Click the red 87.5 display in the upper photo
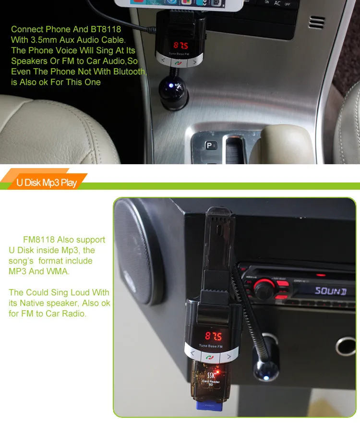pyautogui.click(x=181, y=45)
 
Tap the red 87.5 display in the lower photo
pyautogui.click(x=214, y=336)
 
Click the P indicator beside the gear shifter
pyautogui.click(x=211, y=146)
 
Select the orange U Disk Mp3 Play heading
pyautogui.click(x=47, y=183)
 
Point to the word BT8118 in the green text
pyautogui.click(x=106, y=29)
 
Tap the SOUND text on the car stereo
pyautogui.click(x=330, y=291)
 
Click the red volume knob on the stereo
pyautogui.click(x=264, y=289)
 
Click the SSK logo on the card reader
pyautogui.click(x=211, y=375)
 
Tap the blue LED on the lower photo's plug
pyautogui.click(x=266, y=378)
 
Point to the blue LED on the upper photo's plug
pyautogui.click(x=171, y=85)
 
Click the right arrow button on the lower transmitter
pyautogui.click(x=229, y=356)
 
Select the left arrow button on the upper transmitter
pyautogui.click(x=163, y=61)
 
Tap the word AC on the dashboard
pyautogui.click(x=277, y=3)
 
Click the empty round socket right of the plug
pyautogui.click(x=346, y=347)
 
